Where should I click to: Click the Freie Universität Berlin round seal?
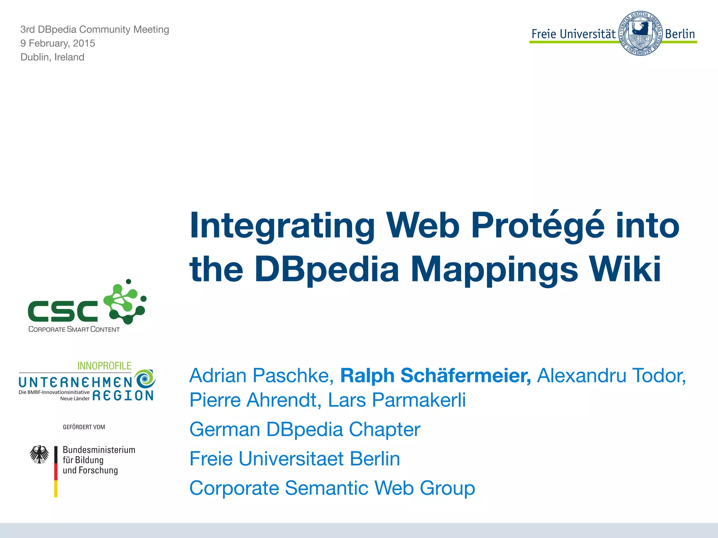tap(640, 33)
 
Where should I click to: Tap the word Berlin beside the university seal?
tap(680, 34)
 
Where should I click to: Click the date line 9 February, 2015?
tap(57, 43)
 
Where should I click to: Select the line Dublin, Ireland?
tap(52, 57)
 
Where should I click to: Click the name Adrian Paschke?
tap(261, 375)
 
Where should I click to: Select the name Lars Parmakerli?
tap(397, 400)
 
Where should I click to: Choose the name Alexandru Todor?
tap(611, 375)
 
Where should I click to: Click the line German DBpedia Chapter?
tap(305, 429)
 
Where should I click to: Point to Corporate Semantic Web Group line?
tap(332, 488)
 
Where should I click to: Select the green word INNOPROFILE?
tap(104, 366)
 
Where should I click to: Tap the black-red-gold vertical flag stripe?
tap(56, 471)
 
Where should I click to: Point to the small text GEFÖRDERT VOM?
tap(84, 427)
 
